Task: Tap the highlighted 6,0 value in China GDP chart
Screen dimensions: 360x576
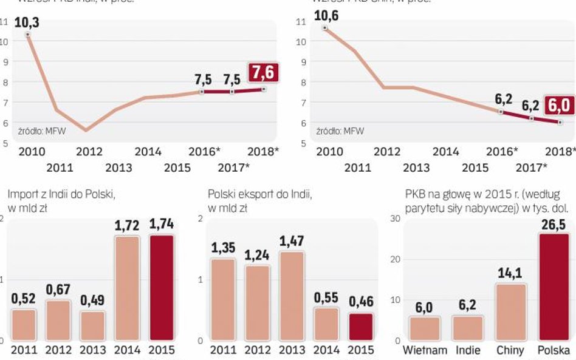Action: coord(560,105)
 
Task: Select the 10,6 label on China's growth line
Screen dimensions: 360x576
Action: coord(326,16)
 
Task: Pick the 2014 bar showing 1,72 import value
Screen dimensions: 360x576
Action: coord(126,288)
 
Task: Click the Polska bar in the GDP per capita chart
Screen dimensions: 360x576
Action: coord(554,287)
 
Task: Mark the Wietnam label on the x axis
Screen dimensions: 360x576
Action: coord(425,350)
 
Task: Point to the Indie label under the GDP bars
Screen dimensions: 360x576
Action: coord(467,350)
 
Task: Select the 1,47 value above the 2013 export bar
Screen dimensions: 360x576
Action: coord(292,241)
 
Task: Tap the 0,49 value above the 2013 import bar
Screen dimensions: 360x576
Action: coord(92,301)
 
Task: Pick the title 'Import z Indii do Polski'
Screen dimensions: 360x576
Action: coord(61,194)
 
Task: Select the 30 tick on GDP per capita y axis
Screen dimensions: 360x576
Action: coord(396,219)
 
